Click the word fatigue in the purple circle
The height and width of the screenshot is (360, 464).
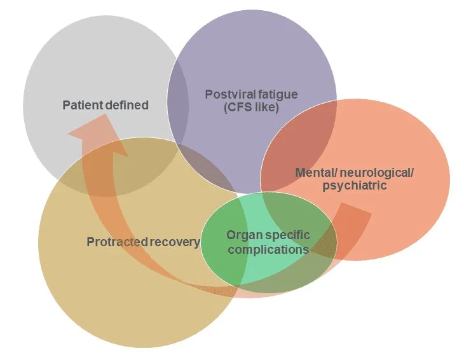(276, 95)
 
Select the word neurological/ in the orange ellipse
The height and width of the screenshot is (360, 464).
(367, 172)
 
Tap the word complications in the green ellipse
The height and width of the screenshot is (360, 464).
(268, 249)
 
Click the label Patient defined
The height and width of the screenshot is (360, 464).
(105, 105)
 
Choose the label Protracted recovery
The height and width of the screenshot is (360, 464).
(143, 242)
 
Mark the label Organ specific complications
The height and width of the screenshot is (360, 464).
(268, 242)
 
